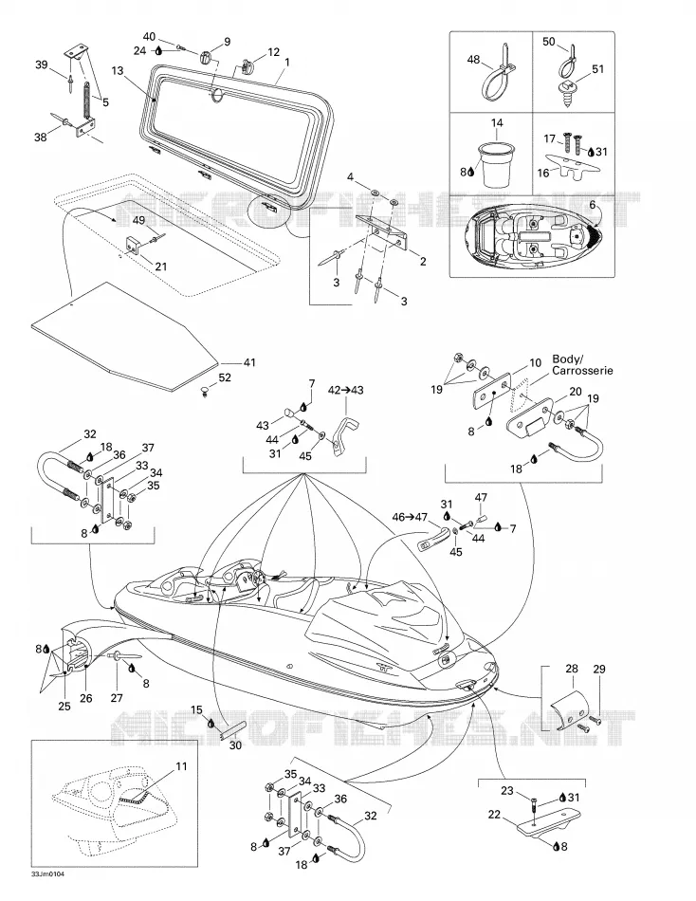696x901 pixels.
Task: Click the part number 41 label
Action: tap(248, 362)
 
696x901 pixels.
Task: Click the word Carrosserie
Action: tap(582, 371)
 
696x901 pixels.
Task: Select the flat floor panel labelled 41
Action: tap(125, 336)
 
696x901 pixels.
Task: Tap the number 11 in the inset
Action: tap(182, 766)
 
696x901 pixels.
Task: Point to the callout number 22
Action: tap(494, 815)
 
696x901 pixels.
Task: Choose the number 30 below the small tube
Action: tap(236, 745)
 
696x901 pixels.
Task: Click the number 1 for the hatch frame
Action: tap(286, 62)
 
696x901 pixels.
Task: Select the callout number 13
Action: tap(118, 71)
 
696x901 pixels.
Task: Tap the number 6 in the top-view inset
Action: tap(593, 205)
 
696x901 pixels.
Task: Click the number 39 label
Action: tap(42, 64)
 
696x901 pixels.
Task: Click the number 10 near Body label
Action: tap(535, 362)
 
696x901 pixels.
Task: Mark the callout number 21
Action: tap(161, 267)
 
